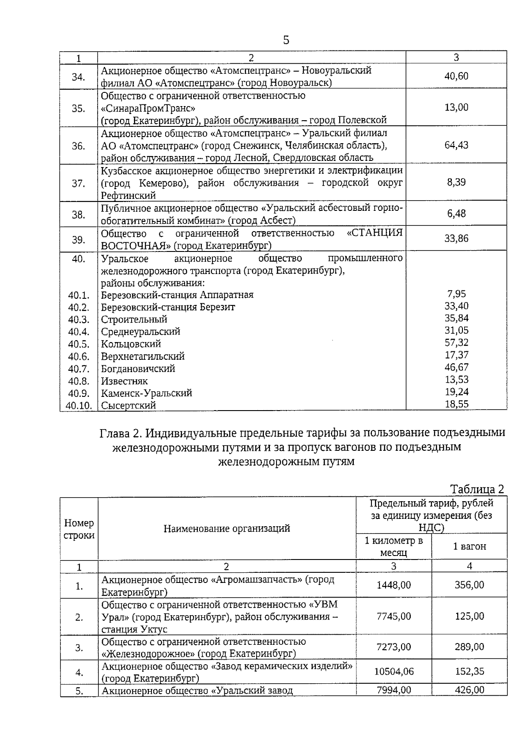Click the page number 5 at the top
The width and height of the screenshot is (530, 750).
point(286,40)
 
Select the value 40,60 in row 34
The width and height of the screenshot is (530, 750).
point(456,76)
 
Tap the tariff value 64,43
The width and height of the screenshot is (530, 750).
point(456,145)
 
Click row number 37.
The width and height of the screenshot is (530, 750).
point(78,183)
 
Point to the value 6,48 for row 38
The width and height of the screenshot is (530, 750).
point(456,213)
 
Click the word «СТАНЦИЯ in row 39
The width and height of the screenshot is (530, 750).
point(375,233)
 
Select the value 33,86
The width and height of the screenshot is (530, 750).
point(456,239)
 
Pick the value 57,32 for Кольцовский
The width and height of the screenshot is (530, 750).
point(456,343)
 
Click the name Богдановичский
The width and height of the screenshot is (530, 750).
point(138,369)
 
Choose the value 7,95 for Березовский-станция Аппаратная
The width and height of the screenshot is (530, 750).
point(456,294)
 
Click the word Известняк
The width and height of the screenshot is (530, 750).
point(124,381)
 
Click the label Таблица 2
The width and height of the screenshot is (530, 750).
point(477,489)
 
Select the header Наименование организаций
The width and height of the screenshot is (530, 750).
point(227,529)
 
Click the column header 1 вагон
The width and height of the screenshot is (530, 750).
point(469,546)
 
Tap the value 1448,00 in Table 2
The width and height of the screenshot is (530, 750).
point(394,585)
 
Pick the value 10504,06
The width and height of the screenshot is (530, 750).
point(394,672)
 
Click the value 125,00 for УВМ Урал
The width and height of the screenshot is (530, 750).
point(469,616)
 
